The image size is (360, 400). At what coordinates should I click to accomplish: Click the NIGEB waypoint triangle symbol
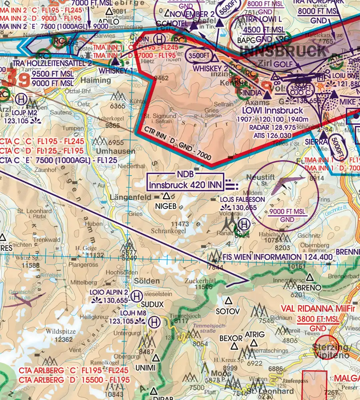(166, 196)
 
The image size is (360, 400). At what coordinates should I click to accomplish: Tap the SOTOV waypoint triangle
(229, 300)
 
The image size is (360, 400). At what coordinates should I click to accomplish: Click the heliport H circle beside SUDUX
(137, 296)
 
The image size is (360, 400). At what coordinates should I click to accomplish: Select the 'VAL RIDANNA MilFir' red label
(313, 308)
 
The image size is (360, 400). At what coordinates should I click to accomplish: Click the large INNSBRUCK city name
(284, 52)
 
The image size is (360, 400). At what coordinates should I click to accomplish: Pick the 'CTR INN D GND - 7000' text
(178, 144)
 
